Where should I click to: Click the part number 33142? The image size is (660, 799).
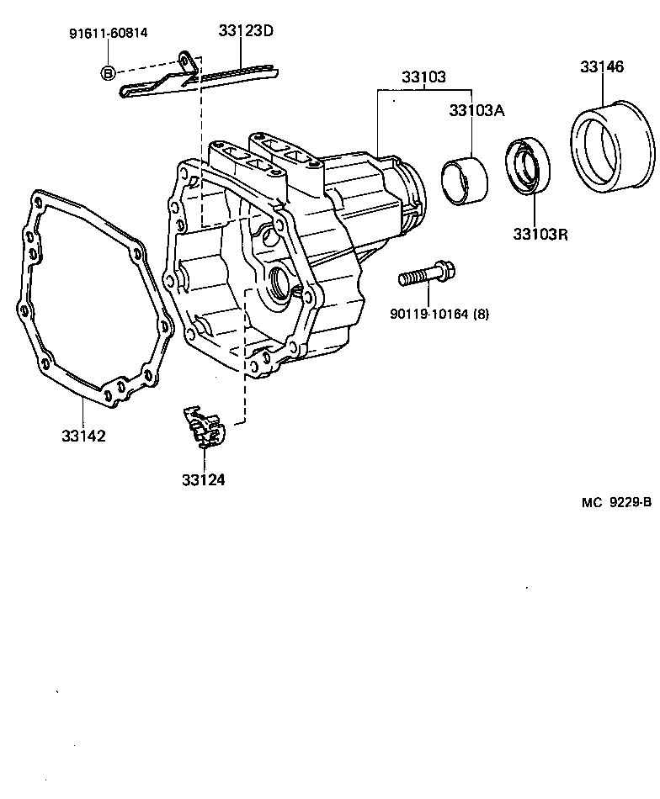tap(83, 437)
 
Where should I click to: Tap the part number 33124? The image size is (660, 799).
tap(203, 480)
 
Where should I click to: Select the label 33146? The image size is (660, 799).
tap(601, 66)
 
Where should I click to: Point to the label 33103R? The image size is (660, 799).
tap(540, 234)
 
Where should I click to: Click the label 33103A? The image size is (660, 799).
tap(476, 110)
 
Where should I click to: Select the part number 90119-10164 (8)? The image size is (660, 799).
tap(439, 314)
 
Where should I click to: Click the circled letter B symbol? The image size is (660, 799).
tap(107, 73)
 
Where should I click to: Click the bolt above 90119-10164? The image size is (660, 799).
tap(428, 274)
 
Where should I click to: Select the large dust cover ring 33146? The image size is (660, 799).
tap(612, 145)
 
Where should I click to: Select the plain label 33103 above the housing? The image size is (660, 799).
tap(423, 77)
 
